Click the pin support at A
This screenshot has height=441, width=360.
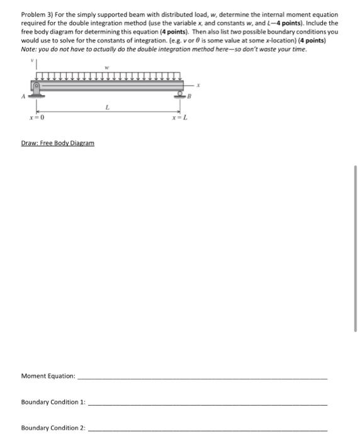click(37, 89)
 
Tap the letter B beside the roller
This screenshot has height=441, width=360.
click(188, 98)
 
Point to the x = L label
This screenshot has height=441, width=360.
click(179, 117)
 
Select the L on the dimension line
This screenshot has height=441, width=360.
click(108, 108)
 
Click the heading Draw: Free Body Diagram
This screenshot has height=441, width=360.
click(57, 143)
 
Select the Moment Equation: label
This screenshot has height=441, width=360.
click(48, 376)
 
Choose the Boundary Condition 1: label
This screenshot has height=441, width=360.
click(53, 401)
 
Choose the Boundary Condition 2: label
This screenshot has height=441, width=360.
click(53, 428)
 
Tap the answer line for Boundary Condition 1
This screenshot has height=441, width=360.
click(208, 403)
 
